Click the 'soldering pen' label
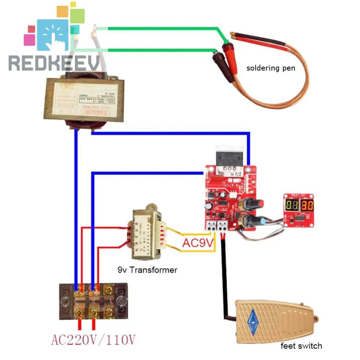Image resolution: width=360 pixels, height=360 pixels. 271,68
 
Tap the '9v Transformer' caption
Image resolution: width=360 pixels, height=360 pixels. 148,270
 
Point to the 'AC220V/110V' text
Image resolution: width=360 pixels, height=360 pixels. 93,339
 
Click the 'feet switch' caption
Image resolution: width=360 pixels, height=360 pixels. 301,346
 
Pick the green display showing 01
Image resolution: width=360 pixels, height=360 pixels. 292,206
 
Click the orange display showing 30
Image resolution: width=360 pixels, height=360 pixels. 307,206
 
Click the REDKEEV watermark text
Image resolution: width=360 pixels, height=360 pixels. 54,63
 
